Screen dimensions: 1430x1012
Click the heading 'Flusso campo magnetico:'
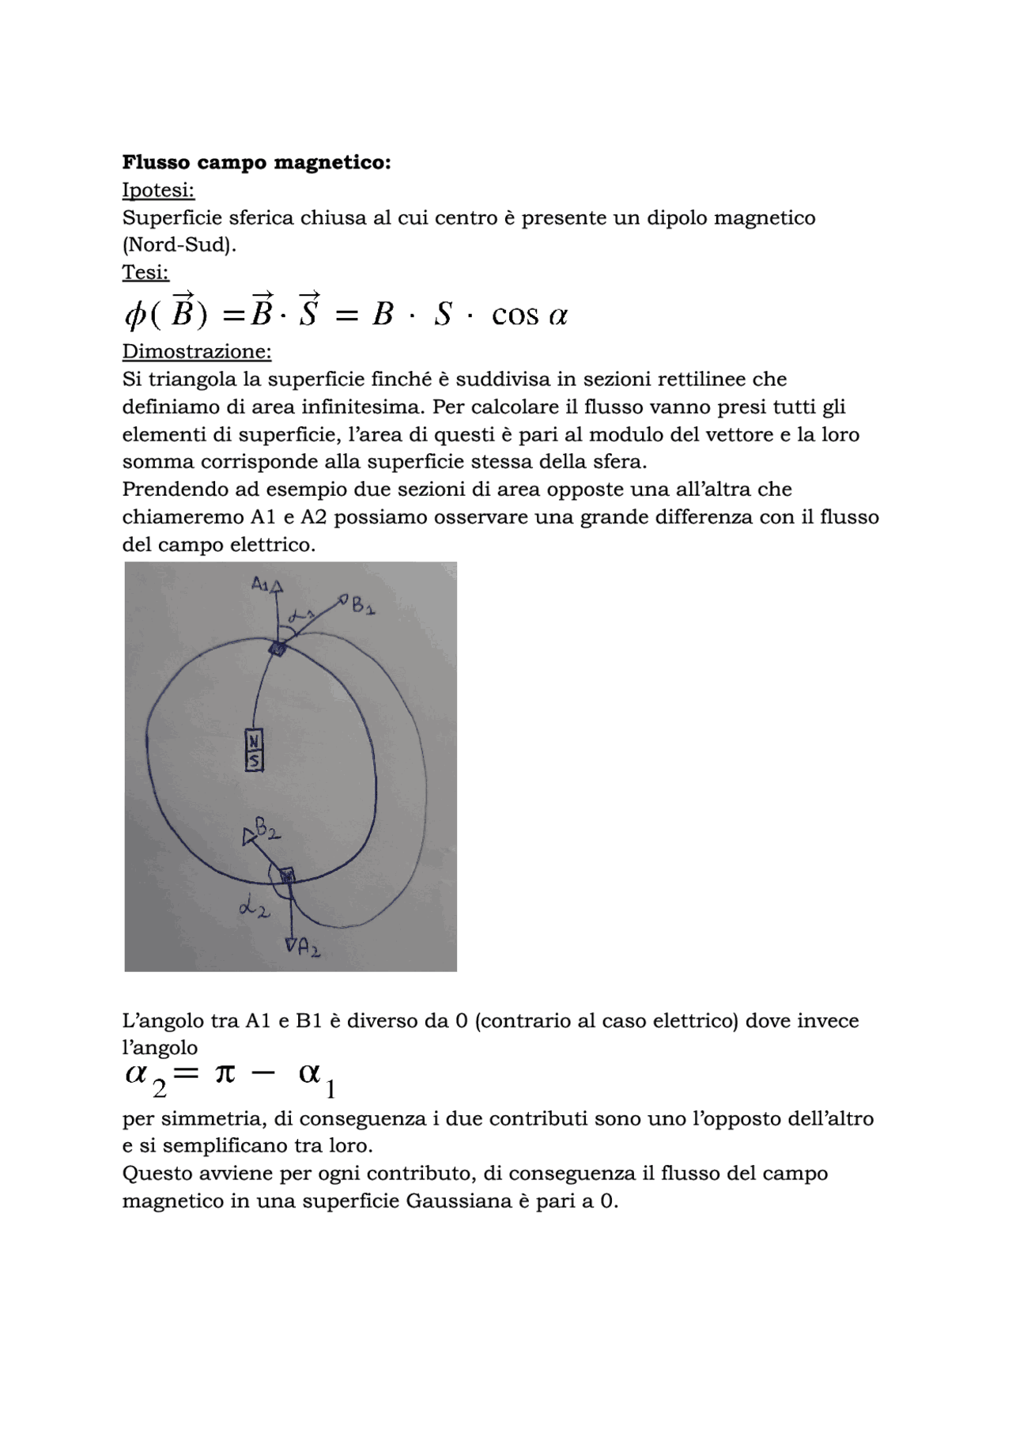coord(256,163)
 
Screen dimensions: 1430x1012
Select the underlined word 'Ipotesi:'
coord(158,191)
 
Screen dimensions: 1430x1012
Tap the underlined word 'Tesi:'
coord(145,273)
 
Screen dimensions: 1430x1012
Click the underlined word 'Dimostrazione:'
coord(197,350)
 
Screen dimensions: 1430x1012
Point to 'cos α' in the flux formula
coord(529,316)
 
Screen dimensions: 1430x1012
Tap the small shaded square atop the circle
coord(278,649)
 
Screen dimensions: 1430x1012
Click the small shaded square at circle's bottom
coord(287,875)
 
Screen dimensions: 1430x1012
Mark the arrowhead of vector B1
coord(343,601)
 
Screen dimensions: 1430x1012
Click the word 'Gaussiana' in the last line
coord(459,1201)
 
